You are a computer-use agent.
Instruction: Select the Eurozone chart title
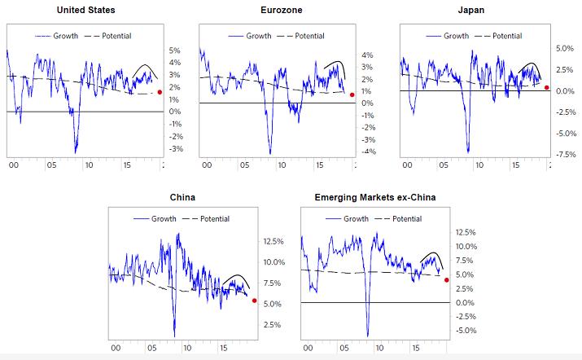[x=278, y=11]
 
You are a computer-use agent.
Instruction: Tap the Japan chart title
[x=475, y=11]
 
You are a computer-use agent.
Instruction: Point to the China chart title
[x=182, y=197]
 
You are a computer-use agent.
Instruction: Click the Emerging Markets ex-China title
[x=374, y=197]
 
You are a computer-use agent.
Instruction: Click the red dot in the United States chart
[x=160, y=93]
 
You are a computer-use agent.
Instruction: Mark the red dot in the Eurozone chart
[x=352, y=94]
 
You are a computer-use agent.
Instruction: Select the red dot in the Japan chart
[x=547, y=88]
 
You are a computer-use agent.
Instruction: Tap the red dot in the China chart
[x=254, y=301]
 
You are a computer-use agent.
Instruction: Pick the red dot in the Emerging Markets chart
[x=446, y=280]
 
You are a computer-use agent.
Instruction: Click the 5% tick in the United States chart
[x=174, y=50]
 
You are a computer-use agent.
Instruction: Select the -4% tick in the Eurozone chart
[x=368, y=151]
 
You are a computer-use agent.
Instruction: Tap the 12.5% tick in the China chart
[x=272, y=241]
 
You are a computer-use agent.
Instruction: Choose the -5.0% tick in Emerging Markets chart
[x=466, y=331]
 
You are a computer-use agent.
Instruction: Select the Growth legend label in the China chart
[x=160, y=218]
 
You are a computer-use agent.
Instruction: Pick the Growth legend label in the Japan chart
[x=456, y=36]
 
